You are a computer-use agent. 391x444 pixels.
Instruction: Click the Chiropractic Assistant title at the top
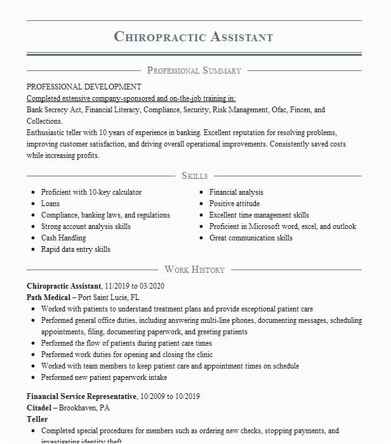pyautogui.click(x=194, y=36)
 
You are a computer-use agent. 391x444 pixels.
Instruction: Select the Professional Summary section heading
pyautogui.click(x=194, y=70)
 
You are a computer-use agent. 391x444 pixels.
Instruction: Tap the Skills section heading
pyautogui.click(x=194, y=176)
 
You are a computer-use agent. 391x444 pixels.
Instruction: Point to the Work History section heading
pyautogui.click(x=194, y=270)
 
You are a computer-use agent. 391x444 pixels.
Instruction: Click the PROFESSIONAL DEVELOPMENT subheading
pyautogui.click(x=84, y=87)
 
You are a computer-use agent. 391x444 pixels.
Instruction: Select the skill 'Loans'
pyautogui.click(x=51, y=204)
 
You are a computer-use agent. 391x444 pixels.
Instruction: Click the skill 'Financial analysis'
pyautogui.click(x=236, y=192)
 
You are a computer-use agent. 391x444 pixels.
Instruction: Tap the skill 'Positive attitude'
pyautogui.click(x=234, y=204)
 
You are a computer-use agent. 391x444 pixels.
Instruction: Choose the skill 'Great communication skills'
pyautogui.click(x=251, y=238)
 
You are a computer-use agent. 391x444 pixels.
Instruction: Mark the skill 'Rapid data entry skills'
pyautogui.click(x=76, y=250)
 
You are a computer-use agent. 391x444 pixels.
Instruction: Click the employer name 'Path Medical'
pyautogui.click(x=49, y=297)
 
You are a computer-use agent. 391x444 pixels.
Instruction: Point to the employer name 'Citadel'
pyautogui.click(x=41, y=408)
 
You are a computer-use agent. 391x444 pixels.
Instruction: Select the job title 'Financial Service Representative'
pyautogui.click(x=82, y=396)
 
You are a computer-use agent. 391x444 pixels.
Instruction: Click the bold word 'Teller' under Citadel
pyautogui.click(x=37, y=419)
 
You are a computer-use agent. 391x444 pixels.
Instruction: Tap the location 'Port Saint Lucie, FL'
pyautogui.click(x=109, y=297)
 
